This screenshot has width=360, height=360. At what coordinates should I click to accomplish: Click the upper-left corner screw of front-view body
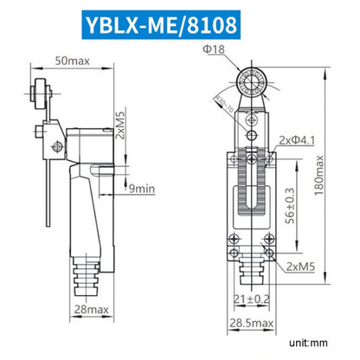pos(232,161)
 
